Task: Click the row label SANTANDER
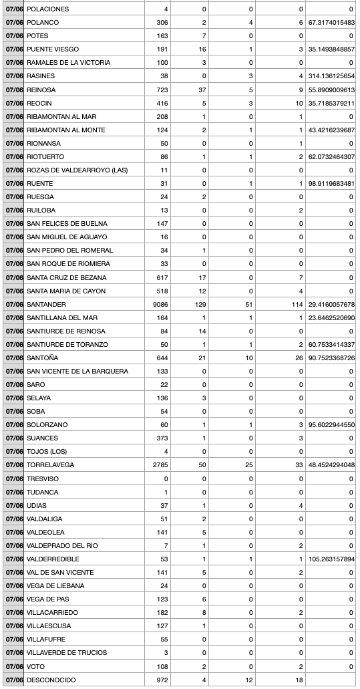coord(46,304)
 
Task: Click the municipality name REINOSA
coord(41,90)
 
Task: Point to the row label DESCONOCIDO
coord(51,680)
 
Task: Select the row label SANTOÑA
coord(41,358)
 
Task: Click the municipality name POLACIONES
coord(47,9)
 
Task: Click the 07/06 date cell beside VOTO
coord(13,666)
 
